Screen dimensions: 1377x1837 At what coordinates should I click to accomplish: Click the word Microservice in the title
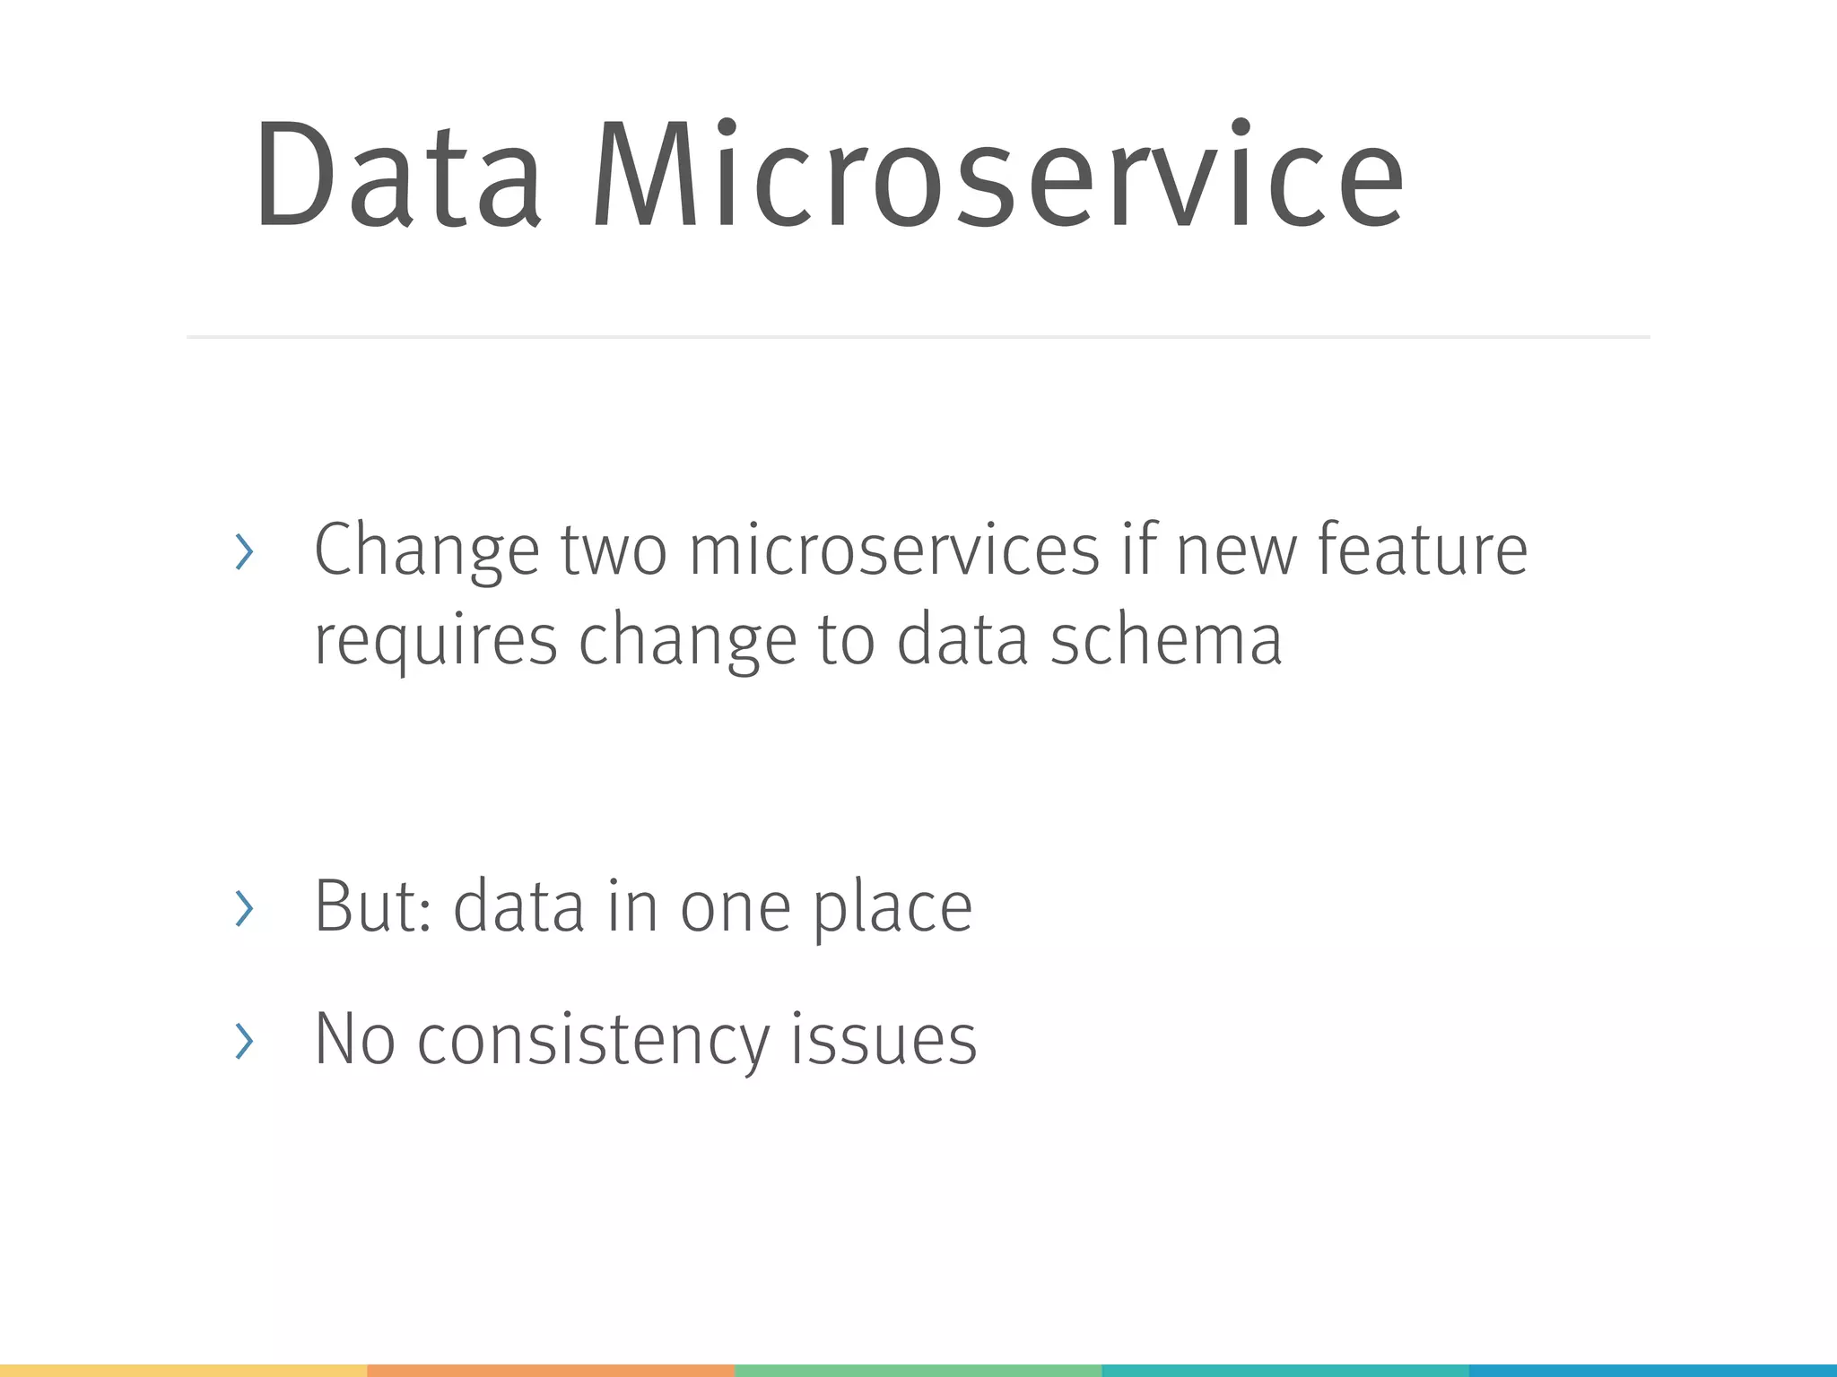pos(997,175)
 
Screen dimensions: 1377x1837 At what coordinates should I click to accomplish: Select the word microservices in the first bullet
pos(893,550)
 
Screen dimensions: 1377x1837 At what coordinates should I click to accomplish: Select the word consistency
pos(593,1040)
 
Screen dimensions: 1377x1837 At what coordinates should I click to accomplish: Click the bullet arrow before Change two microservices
pos(244,551)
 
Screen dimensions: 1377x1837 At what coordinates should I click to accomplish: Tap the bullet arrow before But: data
pos(244,908)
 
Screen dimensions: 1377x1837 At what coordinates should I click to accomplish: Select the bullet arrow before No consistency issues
pos(244,1041)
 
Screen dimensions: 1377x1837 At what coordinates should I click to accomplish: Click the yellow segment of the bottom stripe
pos(183,1370)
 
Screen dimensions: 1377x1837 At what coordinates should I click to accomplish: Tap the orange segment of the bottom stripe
pos(551,1370)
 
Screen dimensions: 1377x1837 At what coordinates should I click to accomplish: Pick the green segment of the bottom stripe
pos(918,1370)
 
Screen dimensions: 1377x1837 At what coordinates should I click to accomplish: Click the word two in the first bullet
pos(614,550)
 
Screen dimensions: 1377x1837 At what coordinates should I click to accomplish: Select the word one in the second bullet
pos(736,907)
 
